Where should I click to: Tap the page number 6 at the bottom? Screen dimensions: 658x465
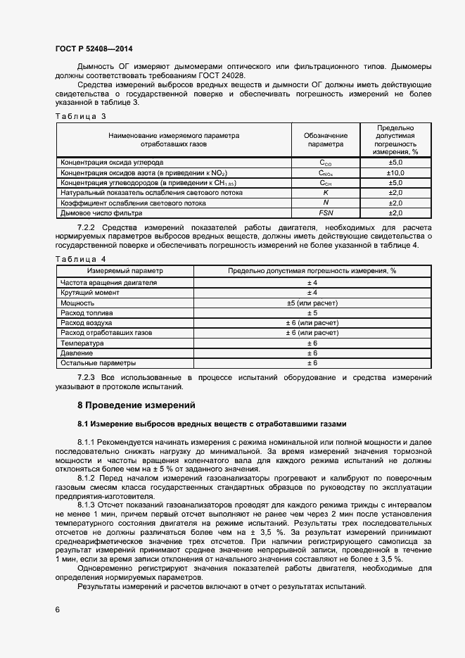pyautogui.click(x=58, y=609)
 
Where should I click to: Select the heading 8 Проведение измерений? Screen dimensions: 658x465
pyautogui.click(x=134, y=405)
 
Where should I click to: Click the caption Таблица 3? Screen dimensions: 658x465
pyautogui.click(x=80, y=116)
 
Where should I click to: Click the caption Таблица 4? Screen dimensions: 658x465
pyautogui.click(x=80, y=259)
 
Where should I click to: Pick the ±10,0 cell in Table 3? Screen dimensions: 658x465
pyautogui.click(x=395, y=172)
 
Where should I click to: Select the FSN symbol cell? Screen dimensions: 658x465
pyautogui.click(x=326, y=213)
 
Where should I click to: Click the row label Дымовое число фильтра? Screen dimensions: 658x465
pyautogui.click(x=101, y=213)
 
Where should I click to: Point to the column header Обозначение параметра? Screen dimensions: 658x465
pyautogui.click(x=326, y=139)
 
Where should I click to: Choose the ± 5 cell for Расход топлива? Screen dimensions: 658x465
pyautogui.click(x=312, y=312)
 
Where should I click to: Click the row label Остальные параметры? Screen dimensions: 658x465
pyautogui.click(x=98, y=363)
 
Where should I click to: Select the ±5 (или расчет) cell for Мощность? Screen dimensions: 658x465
pyautogui.click(x=312, y=303)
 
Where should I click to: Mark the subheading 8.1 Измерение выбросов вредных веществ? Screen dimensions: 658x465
pyautogui.click(x=212, y=424)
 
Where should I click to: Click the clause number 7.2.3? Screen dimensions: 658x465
pyautogui.click(x=89, y=378)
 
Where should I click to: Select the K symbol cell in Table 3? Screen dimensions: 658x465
pyautogui.click(x=326, y=192)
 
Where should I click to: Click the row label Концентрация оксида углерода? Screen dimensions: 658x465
pyautogui.click(x=112, y=162)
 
